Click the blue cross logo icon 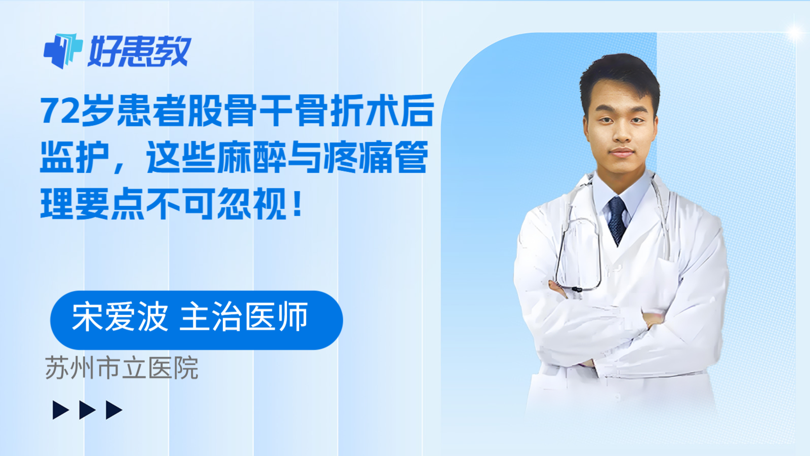click(x=63, y=51)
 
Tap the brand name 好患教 click(x=140, y=51)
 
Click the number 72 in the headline click(x=60, y=111)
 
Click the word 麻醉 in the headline click(x=252, y=157)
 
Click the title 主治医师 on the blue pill click(x=244, y=317)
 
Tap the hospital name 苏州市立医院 click(x=122, y=368)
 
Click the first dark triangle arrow click(x=61, y=410)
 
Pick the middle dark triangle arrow click(x=88, y=410)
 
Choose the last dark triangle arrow click(x=114, y=410)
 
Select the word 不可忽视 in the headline click(x=217, y=203)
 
